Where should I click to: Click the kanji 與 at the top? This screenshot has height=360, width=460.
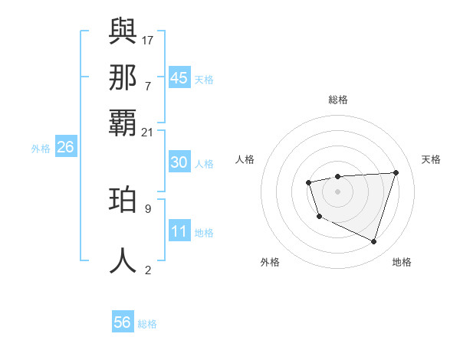pyautogui.click(x=123, y=31)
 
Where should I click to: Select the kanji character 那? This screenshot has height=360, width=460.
pyautogui.click(x=123, y=77)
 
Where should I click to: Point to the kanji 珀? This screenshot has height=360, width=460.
pyautogui.click(x=123, y=200)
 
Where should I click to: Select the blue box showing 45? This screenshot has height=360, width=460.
pyautogui.click(x=179, y=78)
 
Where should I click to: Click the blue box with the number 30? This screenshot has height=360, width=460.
pyautogui.click(x=179, y=162)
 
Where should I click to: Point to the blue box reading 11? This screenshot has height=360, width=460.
pyautogui.click(x=179, y=231)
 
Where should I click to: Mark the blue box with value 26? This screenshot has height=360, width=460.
pyautogui.click(x=65, y=147)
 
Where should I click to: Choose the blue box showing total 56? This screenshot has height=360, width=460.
pyautogui.click(x=123, y=322)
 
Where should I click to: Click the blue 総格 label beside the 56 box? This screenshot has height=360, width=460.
pyautogui.click(x=147, y=324)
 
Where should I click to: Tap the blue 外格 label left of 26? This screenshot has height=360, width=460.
pyautogui.click(x=41, y=149)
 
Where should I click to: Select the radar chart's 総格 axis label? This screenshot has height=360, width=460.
pyautogui.click(x=337, y=100)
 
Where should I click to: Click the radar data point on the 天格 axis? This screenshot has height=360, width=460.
pyautogui.click(x=396, y=172)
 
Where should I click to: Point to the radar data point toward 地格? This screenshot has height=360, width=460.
pyautogui.click(x=373, y=242)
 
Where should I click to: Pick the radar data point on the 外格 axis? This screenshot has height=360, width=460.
pyautogui.click(x=319, y=217)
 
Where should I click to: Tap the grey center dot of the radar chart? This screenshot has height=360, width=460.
pyautogui.click(x=337, y=191)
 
